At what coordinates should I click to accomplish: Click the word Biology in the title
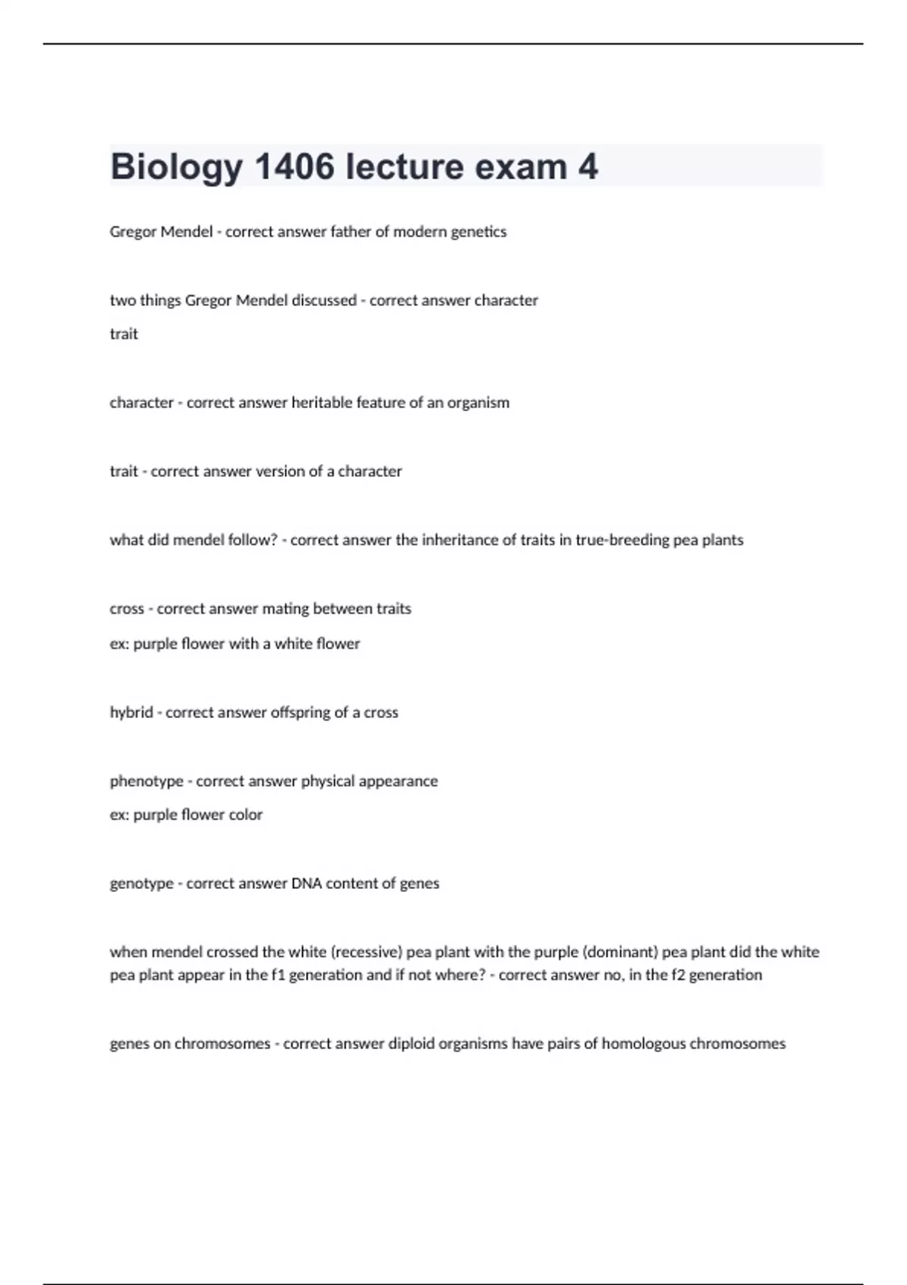(x=176, y=167)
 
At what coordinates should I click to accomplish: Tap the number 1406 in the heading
(x=294, y=167)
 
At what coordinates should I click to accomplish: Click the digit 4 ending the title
(x=588, y=167)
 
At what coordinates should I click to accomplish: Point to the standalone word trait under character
(x=124, y=334)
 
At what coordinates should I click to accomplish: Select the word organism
(x=478, y=403)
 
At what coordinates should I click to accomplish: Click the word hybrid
(x=132, y=713)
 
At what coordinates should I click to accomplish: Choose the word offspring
(x=302, y=713)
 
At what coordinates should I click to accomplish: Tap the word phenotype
(x=147, y=782)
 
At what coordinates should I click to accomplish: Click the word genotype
(x=141, y=884)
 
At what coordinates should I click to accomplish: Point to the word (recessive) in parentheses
(x=367, y=952)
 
